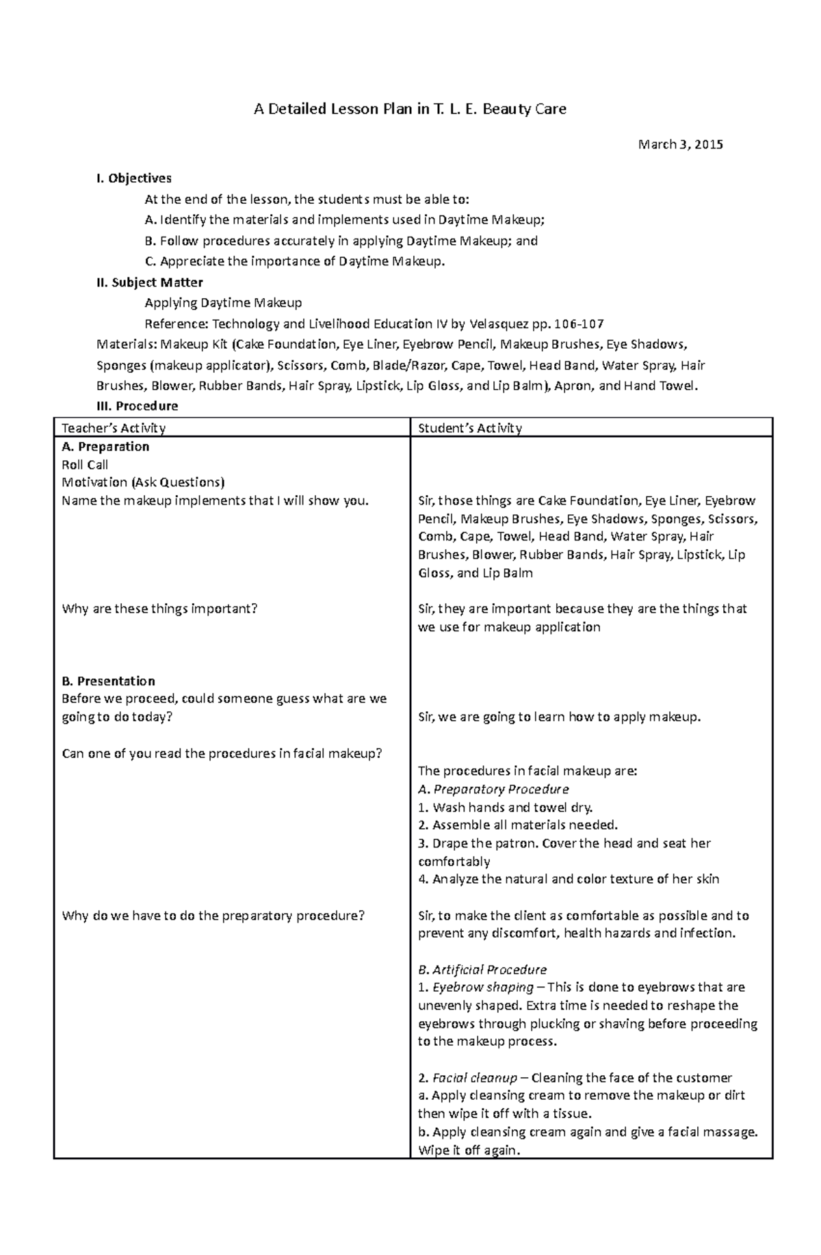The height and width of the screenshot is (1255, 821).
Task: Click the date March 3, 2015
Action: (x=680, y=144)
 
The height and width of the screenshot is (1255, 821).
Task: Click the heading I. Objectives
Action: (x=134, y=179)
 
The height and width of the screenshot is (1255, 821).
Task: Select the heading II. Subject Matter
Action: (x=150, y=282)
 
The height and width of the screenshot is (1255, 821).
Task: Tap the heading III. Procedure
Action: (x=138, y=406)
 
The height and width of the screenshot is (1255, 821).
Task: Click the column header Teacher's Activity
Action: (x=114, y=428)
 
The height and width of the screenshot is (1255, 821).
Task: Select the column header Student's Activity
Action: (x=470, y=428)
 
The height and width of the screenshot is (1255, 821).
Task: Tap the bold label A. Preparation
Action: (x=105, y=447)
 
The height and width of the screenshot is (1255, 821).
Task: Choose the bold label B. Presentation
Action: (x=108, y=681)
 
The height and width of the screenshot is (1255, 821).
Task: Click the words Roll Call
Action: (x=85, y=465)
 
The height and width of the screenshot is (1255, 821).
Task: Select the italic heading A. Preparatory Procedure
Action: (x=493, y=789)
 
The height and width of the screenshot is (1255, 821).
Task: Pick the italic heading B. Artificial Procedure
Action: (x=482, y=970)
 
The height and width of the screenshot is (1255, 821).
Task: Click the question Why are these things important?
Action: (x=159, y=609)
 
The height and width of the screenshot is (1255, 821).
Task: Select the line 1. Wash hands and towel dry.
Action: (x=506, y=807)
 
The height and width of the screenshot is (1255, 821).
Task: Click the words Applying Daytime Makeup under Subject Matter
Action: (x=223, y=303)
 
